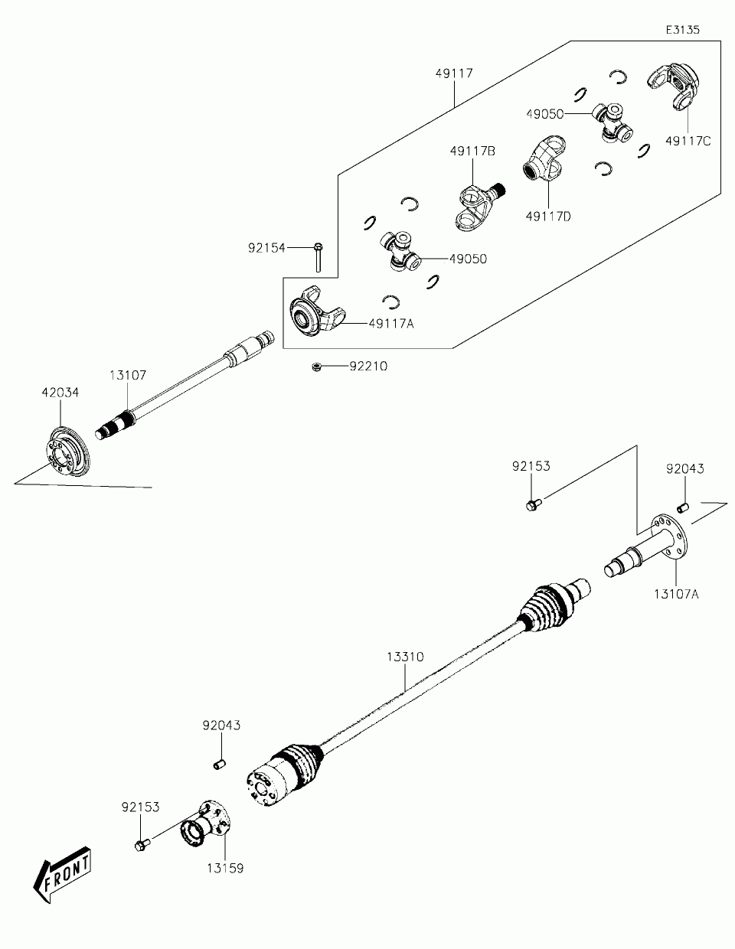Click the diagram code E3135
pyautogui.click(x=682, y=29)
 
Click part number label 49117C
pyautogui.click(x=688, y=141)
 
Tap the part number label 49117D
pyautogui.click(x=548, y=217)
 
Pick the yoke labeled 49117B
pyautogui.click(x=475, y=205)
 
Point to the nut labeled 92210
pyautogui.click(x=315, y=367)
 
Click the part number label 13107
pyautogui.click(x=127, y=375)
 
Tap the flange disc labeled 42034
pyautogui.click(x=66, y=454)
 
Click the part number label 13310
pyautogui.click(x=405, y=657)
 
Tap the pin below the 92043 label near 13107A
pyautogui.click(x=683, y=506)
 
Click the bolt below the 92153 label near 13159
pyautogui.click(x=140, y=844)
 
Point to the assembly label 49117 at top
pyautogui.click(x=454, y=73)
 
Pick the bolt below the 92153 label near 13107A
pyautogui.click(x=531, y=504)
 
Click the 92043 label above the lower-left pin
pyautogui.click(x=221, y=726)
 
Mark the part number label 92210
pyautogui.click(x=369, y=367)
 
